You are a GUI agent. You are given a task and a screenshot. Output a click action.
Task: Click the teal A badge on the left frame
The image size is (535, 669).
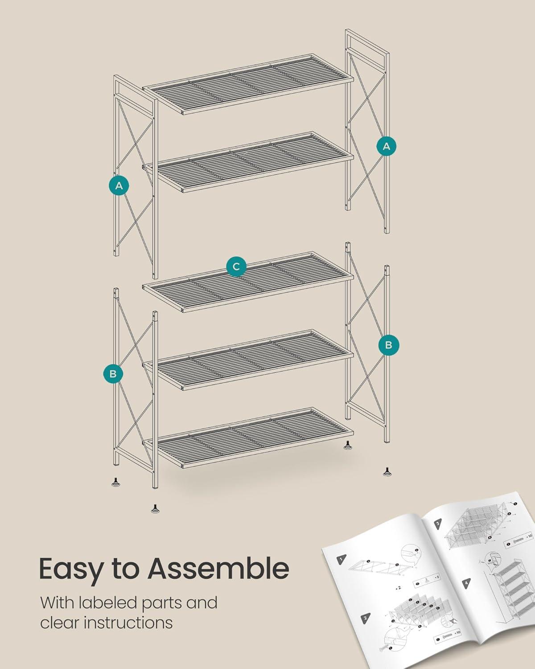tap(119, 186)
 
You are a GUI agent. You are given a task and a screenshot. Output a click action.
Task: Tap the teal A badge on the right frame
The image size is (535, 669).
tap(387, 146)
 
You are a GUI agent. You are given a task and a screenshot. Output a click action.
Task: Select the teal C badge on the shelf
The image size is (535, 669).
tap(236, 266)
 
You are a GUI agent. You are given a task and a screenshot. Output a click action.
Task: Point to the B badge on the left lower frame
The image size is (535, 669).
tap(113, 373)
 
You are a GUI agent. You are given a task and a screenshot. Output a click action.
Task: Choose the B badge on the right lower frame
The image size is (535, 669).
tap(389, 345)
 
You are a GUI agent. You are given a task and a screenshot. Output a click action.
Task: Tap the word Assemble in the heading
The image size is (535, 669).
tap(218, 568)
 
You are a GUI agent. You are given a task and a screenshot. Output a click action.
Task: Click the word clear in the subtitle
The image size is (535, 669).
tap(60, 623)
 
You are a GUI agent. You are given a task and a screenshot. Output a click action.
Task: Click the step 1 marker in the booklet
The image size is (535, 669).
tap(342, 559)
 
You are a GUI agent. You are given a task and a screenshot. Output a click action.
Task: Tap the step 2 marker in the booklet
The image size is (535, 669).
tap(365, 617)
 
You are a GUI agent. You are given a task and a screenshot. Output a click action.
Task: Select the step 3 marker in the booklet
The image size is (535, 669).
tap(438, 524)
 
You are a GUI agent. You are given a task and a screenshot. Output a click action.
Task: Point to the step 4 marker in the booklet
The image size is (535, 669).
tap(466, 583)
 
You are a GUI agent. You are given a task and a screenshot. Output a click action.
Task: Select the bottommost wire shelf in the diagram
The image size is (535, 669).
tap(248, 438)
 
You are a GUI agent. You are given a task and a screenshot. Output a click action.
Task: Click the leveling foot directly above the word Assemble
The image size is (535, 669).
tap(155, 508)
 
